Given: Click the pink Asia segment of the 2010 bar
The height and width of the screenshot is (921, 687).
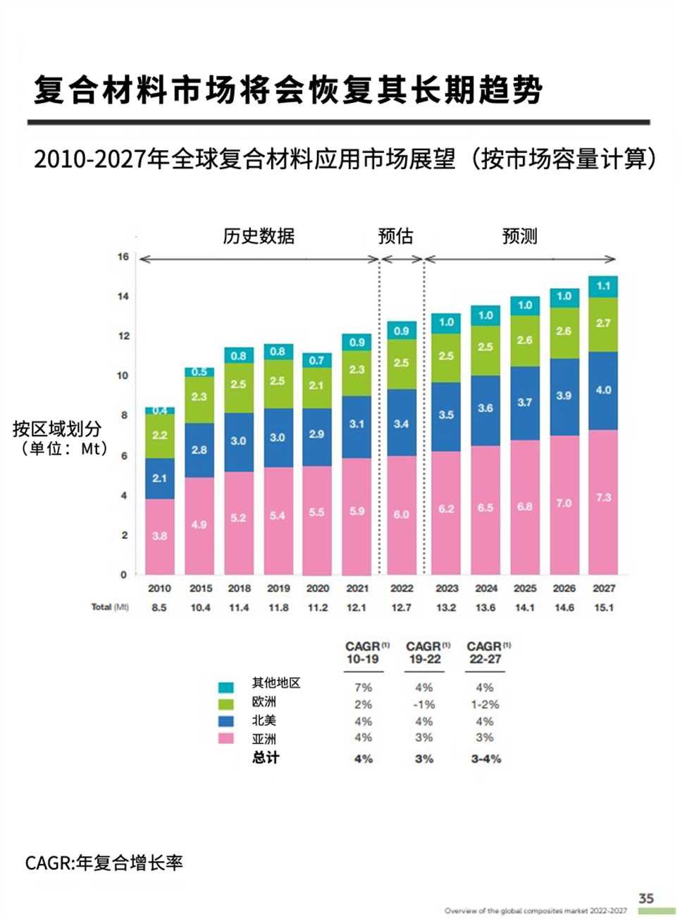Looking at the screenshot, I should click(x=160, y=536).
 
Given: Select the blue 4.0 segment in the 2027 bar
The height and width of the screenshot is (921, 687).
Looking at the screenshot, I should click(x=603, y=390).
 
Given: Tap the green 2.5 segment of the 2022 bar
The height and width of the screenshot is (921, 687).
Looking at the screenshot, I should click(x=401, y=364).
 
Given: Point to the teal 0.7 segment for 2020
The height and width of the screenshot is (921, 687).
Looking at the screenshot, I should click(x=317, y=360).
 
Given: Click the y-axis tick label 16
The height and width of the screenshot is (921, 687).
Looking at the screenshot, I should click(x=123, y=256).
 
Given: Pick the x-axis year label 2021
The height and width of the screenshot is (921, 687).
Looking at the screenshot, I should click(x=357, y=588).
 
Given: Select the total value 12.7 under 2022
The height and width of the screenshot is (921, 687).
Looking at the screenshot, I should click(x=401, y=607).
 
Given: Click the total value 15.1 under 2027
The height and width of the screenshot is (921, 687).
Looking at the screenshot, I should click(x=603, y=607).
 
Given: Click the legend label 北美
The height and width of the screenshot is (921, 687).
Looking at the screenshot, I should click(x=264, y=720).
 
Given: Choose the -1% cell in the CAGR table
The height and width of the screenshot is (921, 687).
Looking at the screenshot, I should click(x=424, y=705).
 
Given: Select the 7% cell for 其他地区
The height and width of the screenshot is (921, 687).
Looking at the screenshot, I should click(x=363, y=688).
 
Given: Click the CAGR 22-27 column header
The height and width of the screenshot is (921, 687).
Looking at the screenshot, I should click(x=485, y=653).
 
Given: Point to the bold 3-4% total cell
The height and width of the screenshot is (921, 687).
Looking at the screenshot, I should click(x=485, y=759).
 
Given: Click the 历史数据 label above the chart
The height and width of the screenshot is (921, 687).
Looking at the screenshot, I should click(x=259, y=236).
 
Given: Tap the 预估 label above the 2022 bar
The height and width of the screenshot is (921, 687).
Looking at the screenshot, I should click(x=395, y=236).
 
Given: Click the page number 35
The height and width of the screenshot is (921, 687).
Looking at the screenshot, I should click(x=646, y=898).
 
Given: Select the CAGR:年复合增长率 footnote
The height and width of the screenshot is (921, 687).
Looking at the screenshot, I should click(x=104, y=863).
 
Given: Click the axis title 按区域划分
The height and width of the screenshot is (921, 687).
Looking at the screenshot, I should click(x=57, y=428).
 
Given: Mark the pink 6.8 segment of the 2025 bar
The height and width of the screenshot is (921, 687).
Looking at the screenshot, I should click(x=524, y=507).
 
